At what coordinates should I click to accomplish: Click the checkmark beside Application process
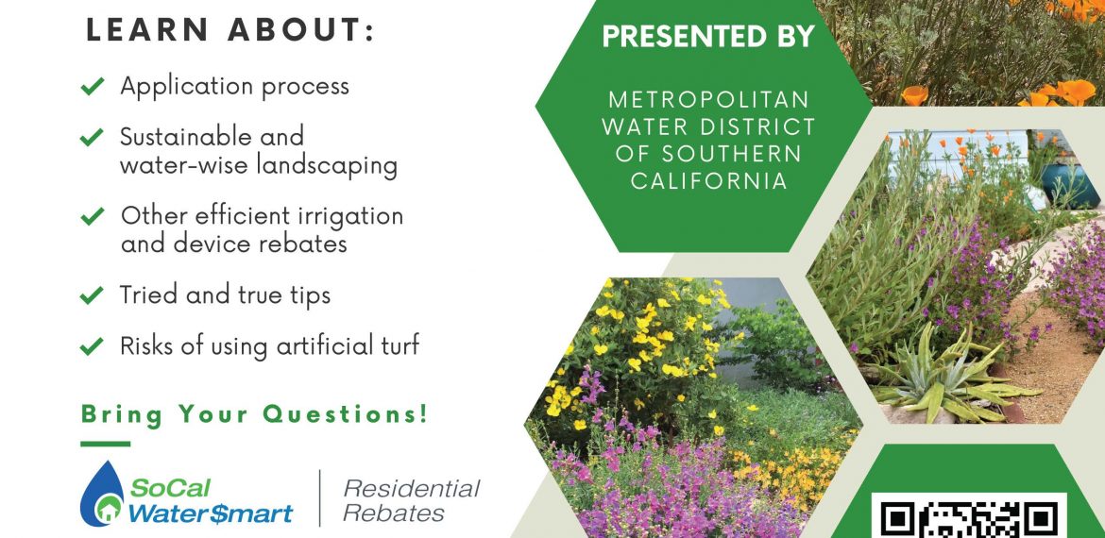pos(93,86)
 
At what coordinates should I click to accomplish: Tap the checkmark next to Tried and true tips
pos(93,294)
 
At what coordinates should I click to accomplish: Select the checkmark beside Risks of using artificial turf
pos(93,345)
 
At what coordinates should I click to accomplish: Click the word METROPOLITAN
pos(709,99)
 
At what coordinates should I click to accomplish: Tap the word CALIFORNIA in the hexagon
pos(709,180)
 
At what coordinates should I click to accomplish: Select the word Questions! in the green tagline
pos(346,414)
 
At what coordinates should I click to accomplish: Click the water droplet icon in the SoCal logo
pos(102,494)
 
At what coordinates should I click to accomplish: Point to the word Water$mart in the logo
pos(210,513)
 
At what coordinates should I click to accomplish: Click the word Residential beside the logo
pos(412,488)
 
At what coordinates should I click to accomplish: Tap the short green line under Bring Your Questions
pos(105,444)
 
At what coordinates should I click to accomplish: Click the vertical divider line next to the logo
pos(320,497)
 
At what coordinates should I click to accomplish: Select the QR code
pos(969,516)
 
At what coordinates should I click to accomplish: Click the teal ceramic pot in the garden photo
pos(1069,184)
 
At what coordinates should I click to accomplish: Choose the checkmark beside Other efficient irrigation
pos(93,216)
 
